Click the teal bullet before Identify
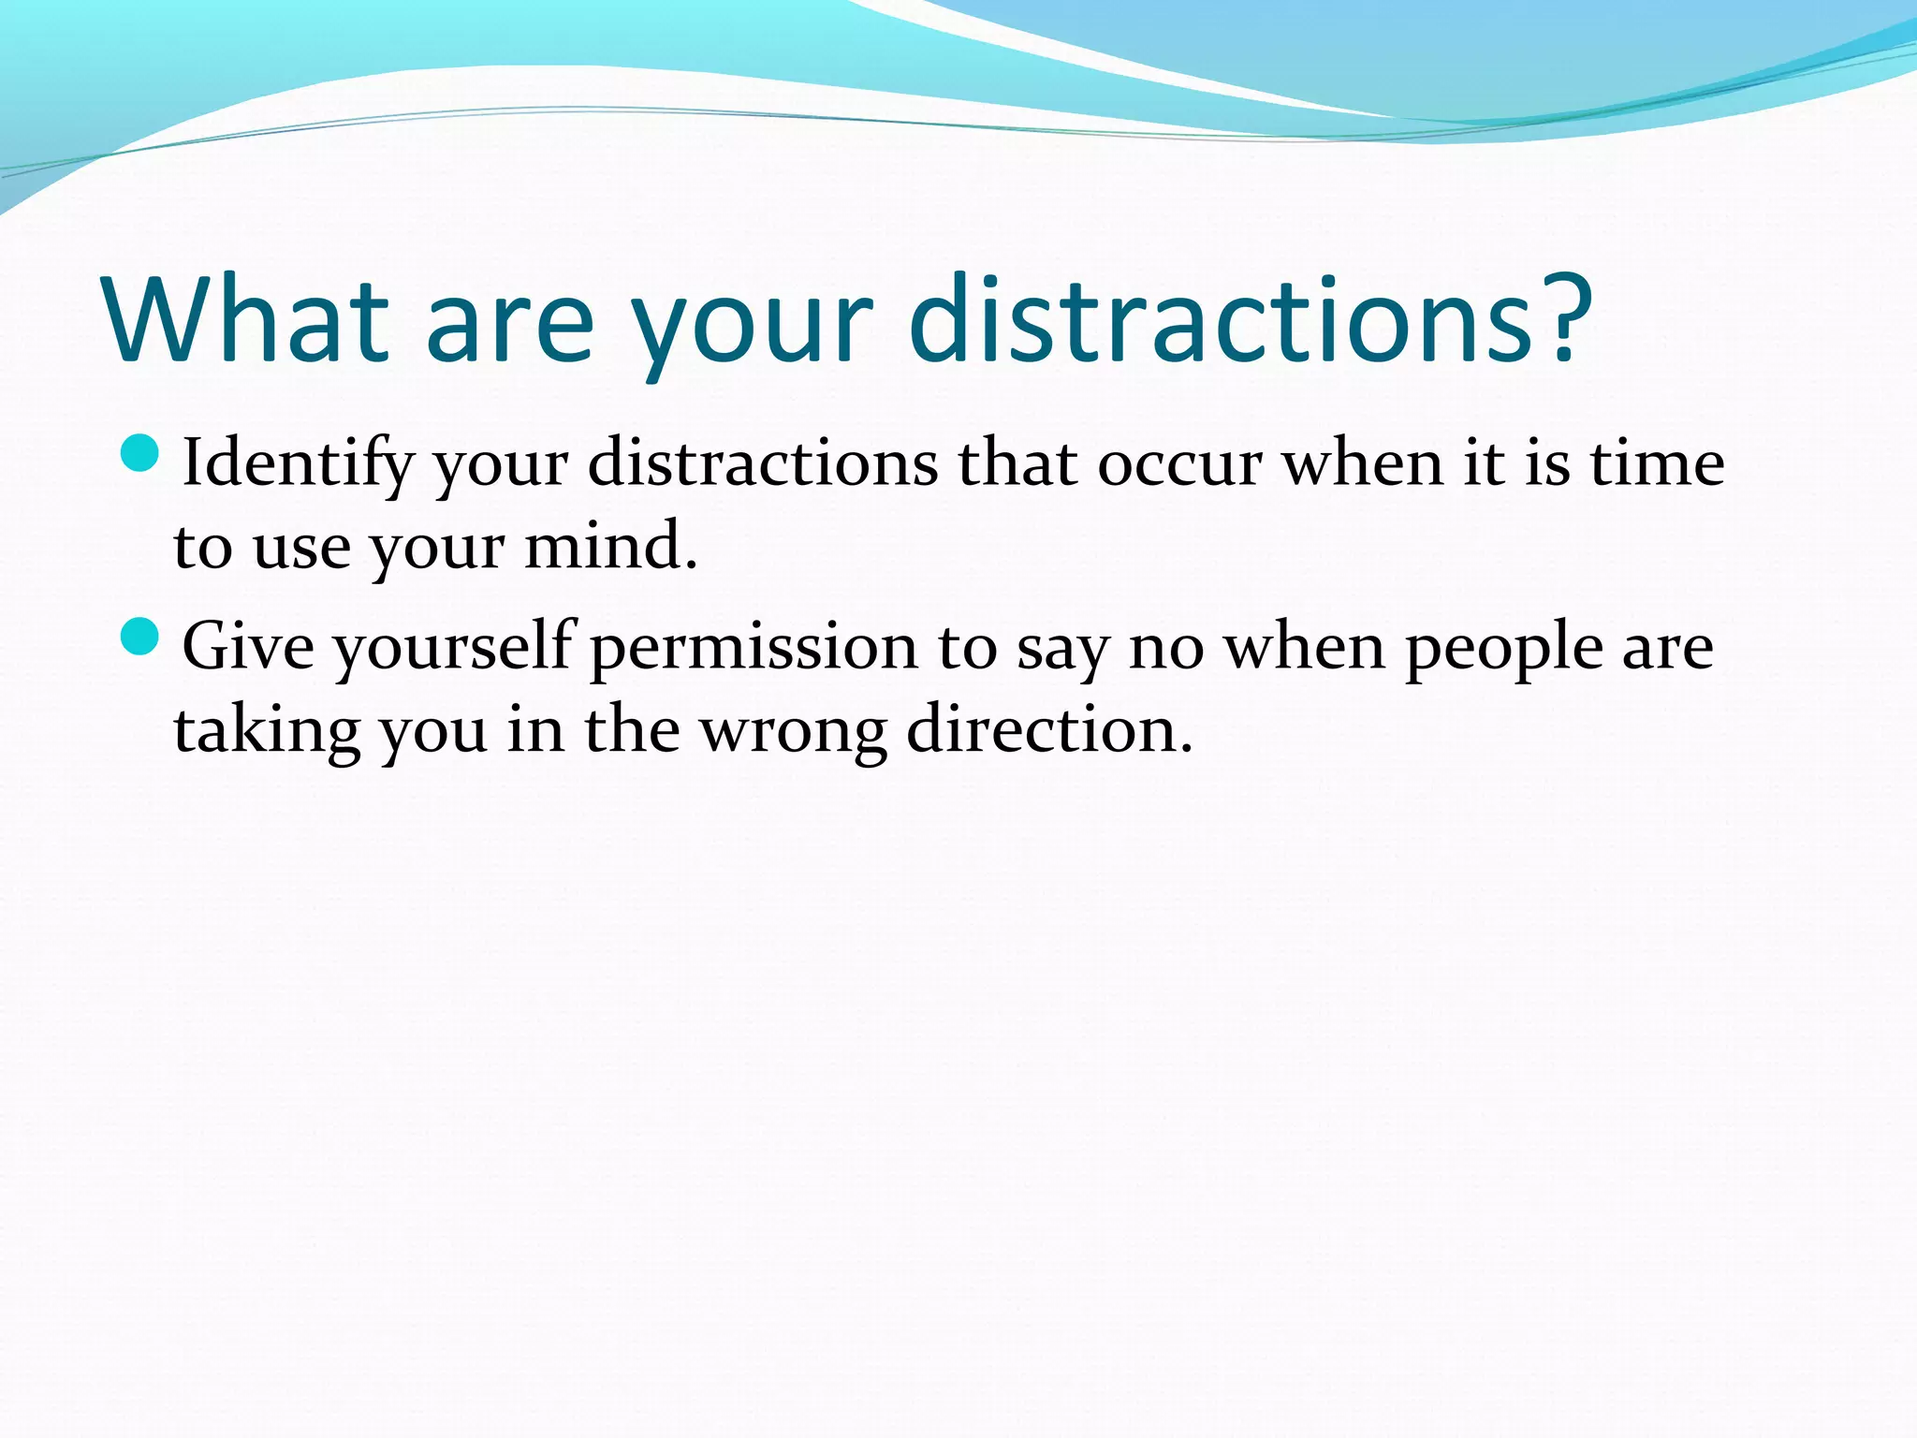pyautogui.click(x=141, y=453)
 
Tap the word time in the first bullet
pyautogui.click(x=1658, y=462)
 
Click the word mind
pyautogui.click(x=610, y=547)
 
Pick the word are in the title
pyautogui.click(x=510, y=320)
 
